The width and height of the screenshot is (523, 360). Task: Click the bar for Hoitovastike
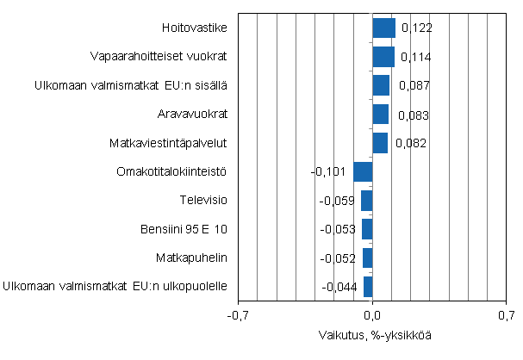[x=383, y=28]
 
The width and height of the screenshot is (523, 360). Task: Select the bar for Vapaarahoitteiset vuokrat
[x=383, y=57]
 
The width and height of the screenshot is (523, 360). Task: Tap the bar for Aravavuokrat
[x=380, y=115]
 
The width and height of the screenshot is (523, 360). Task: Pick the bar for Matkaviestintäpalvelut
[x=380, y=143]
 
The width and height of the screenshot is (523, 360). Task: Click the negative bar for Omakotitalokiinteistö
[x=363, y=171]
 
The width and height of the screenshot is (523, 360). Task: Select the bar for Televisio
[x=367, y=201]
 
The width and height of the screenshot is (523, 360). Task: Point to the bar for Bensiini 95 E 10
[x=367, y=229]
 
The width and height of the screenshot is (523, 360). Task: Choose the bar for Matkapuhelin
[x=368, y=258]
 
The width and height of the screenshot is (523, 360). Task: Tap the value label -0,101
[x=328, y=172]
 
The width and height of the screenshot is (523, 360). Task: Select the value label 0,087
[x=412, y=86]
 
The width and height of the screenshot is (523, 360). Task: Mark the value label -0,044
[x=339, y=287]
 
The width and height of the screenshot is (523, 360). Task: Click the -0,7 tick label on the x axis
[x=237, y=316]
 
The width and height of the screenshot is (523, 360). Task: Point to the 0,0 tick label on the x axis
[x=372, y=316]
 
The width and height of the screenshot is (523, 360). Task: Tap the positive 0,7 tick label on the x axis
[x=506, y=316]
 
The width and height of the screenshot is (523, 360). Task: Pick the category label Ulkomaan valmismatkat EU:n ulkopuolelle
[x=115, y=286]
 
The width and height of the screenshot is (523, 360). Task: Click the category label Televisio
[x=203, y=200]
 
